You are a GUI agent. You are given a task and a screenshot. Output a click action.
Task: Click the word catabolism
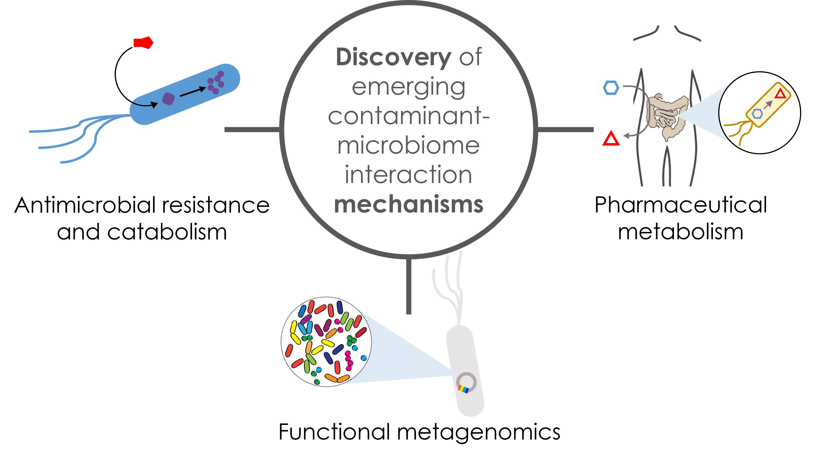click(167, 232)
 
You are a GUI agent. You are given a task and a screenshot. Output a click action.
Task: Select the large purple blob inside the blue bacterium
click(168, 99)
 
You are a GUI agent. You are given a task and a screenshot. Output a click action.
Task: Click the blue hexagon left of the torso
click(611, 87)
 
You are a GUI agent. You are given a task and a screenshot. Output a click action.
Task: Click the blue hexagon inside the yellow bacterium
click(757, 113)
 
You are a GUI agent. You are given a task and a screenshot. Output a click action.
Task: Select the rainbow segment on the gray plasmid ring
click(463, 389)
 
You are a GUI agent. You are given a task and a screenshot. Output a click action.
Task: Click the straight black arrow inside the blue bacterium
click(193, 92)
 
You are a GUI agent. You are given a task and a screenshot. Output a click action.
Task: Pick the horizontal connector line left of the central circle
click(252, 129)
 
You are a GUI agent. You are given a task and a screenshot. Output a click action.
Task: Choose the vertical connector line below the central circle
click(409, 286)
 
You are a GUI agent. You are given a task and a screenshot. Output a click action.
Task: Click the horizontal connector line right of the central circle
click(565, 129)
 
